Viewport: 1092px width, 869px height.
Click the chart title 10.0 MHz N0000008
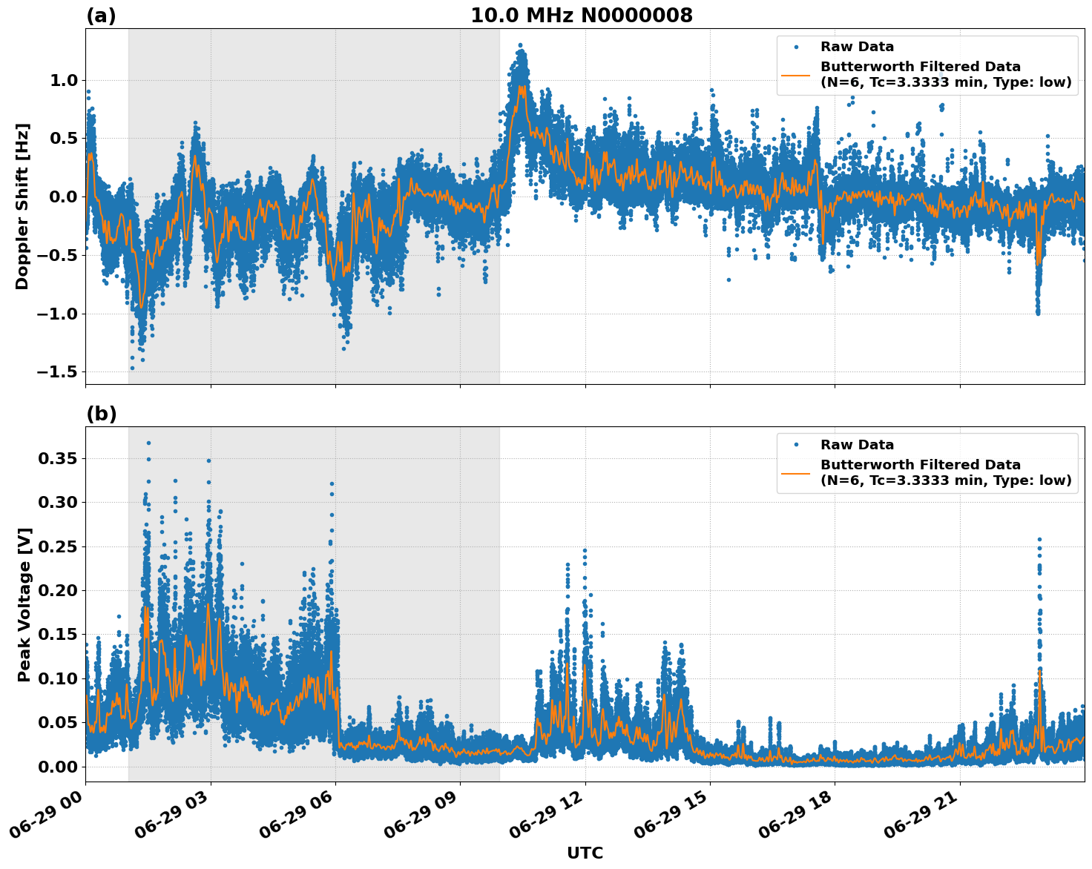click(582, 16)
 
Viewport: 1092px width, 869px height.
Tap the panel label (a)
click(101, 16)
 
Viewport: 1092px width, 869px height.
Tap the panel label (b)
click(101, 414)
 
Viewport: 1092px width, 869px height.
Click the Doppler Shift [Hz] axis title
click(22, 206)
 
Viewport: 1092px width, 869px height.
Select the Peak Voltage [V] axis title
click(24, 604)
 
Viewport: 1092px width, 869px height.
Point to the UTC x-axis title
click(585, 853)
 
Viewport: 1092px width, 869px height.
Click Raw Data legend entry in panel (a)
click(857, 47)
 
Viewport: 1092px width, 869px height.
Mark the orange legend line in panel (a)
click(796, 74)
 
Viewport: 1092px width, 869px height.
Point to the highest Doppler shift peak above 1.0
click(520, 46)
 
